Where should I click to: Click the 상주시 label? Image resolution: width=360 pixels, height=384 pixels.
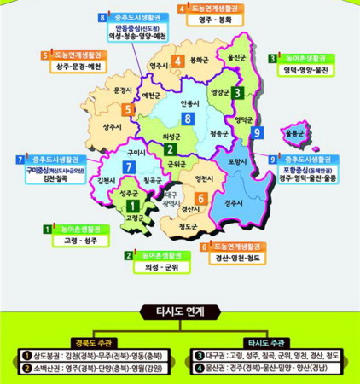(112, 125)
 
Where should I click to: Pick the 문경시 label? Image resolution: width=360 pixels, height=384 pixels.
(124, 89)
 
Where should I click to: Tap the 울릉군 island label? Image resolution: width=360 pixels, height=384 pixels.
(297, 133)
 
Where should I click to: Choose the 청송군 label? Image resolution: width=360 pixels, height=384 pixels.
(218, 134)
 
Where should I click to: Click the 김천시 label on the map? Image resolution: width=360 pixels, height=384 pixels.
(107, 181)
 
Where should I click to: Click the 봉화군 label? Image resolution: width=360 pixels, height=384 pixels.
(200, 61)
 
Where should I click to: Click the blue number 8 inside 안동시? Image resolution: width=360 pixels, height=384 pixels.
(187, 118)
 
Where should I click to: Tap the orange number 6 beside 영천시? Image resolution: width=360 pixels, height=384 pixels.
(200, 198)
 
